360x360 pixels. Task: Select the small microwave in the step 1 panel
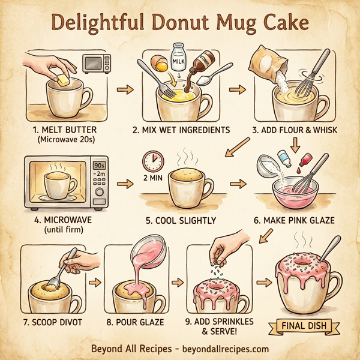(x=97, y=63)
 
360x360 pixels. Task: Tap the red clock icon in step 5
(x=154, y=161)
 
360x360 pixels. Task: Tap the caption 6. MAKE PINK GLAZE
(x=294, y=220)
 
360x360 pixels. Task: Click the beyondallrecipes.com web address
(x=224, y=349)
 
